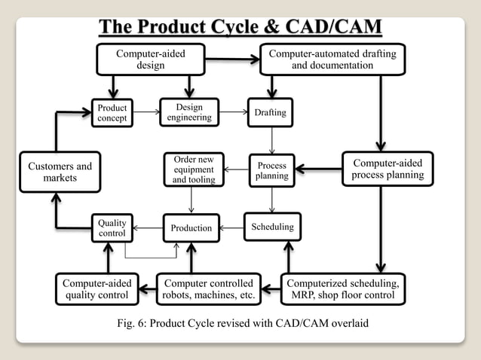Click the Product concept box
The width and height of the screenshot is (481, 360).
(x=112, y=113)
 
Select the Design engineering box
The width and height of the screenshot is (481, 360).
(x=189, y=112)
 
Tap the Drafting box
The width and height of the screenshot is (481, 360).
(x=271, y=112)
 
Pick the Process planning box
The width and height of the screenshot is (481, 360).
(x=271, y=170)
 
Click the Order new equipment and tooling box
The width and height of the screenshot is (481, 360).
(x=194, y=169)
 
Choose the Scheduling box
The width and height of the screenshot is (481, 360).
(x=271, y=227)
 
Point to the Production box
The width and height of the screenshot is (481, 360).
(x=191, y=227)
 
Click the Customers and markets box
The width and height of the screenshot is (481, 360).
(x=60, y=172)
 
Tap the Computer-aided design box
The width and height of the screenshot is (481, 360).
(x=150, y=59)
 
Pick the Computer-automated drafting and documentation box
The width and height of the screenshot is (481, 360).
(x=332, y=59)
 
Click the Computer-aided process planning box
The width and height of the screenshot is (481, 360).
(x=388, y=169)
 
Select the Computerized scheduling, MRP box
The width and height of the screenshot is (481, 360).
(x=343, y=289)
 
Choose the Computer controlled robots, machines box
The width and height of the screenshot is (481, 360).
(x=209, y=289)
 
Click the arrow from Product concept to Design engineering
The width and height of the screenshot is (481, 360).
(x=147, y=113)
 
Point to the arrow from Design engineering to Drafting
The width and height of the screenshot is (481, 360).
(x=233, y=112)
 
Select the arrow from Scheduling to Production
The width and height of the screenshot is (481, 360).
(x=231, y=227)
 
